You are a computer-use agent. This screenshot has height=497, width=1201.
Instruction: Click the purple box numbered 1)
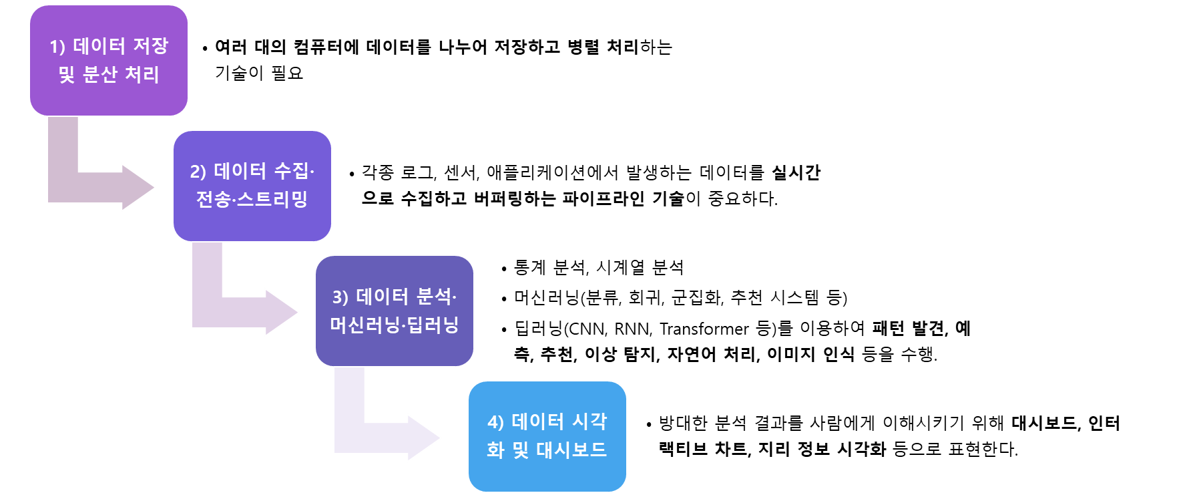(109, 60)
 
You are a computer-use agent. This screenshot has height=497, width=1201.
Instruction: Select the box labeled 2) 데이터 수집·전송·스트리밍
(252, 186)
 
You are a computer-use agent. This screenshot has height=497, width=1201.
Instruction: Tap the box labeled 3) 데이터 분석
(394, 311)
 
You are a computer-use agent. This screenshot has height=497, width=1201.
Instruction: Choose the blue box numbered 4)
(547, 436)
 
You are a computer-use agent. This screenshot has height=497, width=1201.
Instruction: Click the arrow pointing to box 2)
(100, 187)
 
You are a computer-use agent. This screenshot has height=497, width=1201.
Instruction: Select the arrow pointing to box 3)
(244, 312)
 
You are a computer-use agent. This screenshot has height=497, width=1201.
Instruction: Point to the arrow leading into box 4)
(386, 438)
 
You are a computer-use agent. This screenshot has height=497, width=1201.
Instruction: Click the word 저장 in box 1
(151, 46)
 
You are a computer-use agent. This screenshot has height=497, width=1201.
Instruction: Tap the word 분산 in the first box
(100, 74)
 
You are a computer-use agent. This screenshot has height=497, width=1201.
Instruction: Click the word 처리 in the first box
(142, 74)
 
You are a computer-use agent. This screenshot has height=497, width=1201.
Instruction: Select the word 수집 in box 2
(292, 172)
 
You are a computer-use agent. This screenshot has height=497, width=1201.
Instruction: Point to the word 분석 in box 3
(434, 297)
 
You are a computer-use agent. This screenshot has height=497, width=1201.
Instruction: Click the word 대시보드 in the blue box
(571, 450)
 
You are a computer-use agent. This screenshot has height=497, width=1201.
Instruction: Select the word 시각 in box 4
(589, 422)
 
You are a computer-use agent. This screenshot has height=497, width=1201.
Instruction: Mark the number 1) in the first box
(57, 47)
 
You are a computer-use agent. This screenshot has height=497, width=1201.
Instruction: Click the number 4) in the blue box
(495, 422)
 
